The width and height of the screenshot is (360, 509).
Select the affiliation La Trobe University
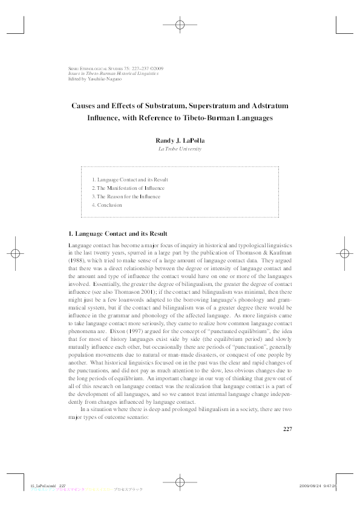coord(180,149)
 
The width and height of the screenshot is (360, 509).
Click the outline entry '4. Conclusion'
coord(106,205)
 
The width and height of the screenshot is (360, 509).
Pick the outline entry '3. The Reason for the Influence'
coord(126,196)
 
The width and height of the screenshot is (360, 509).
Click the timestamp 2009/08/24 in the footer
coord(310,485)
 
